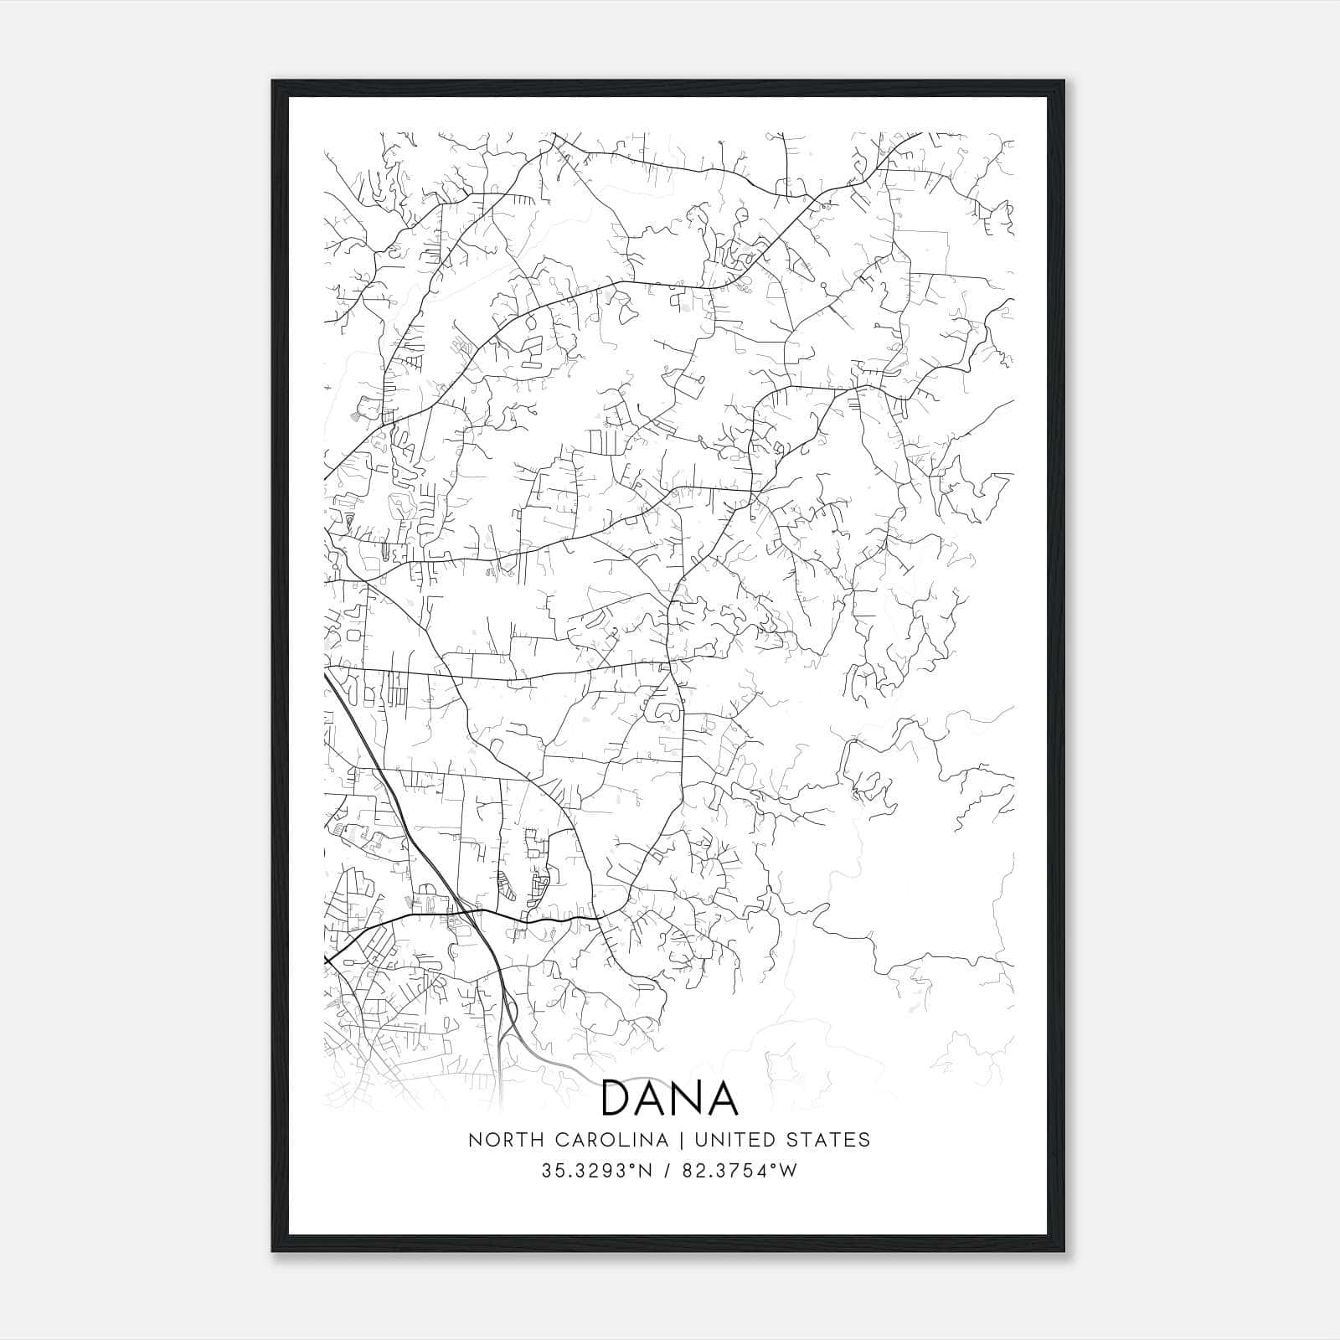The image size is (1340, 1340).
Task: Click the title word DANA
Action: pos(670,1098)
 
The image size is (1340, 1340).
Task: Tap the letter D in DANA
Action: pos(617,1098)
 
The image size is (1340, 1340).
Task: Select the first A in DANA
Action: pos(652,1098)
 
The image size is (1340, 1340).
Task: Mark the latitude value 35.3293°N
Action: pos(595,1171)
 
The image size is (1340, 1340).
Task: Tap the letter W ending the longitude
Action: pos(787,1171)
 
